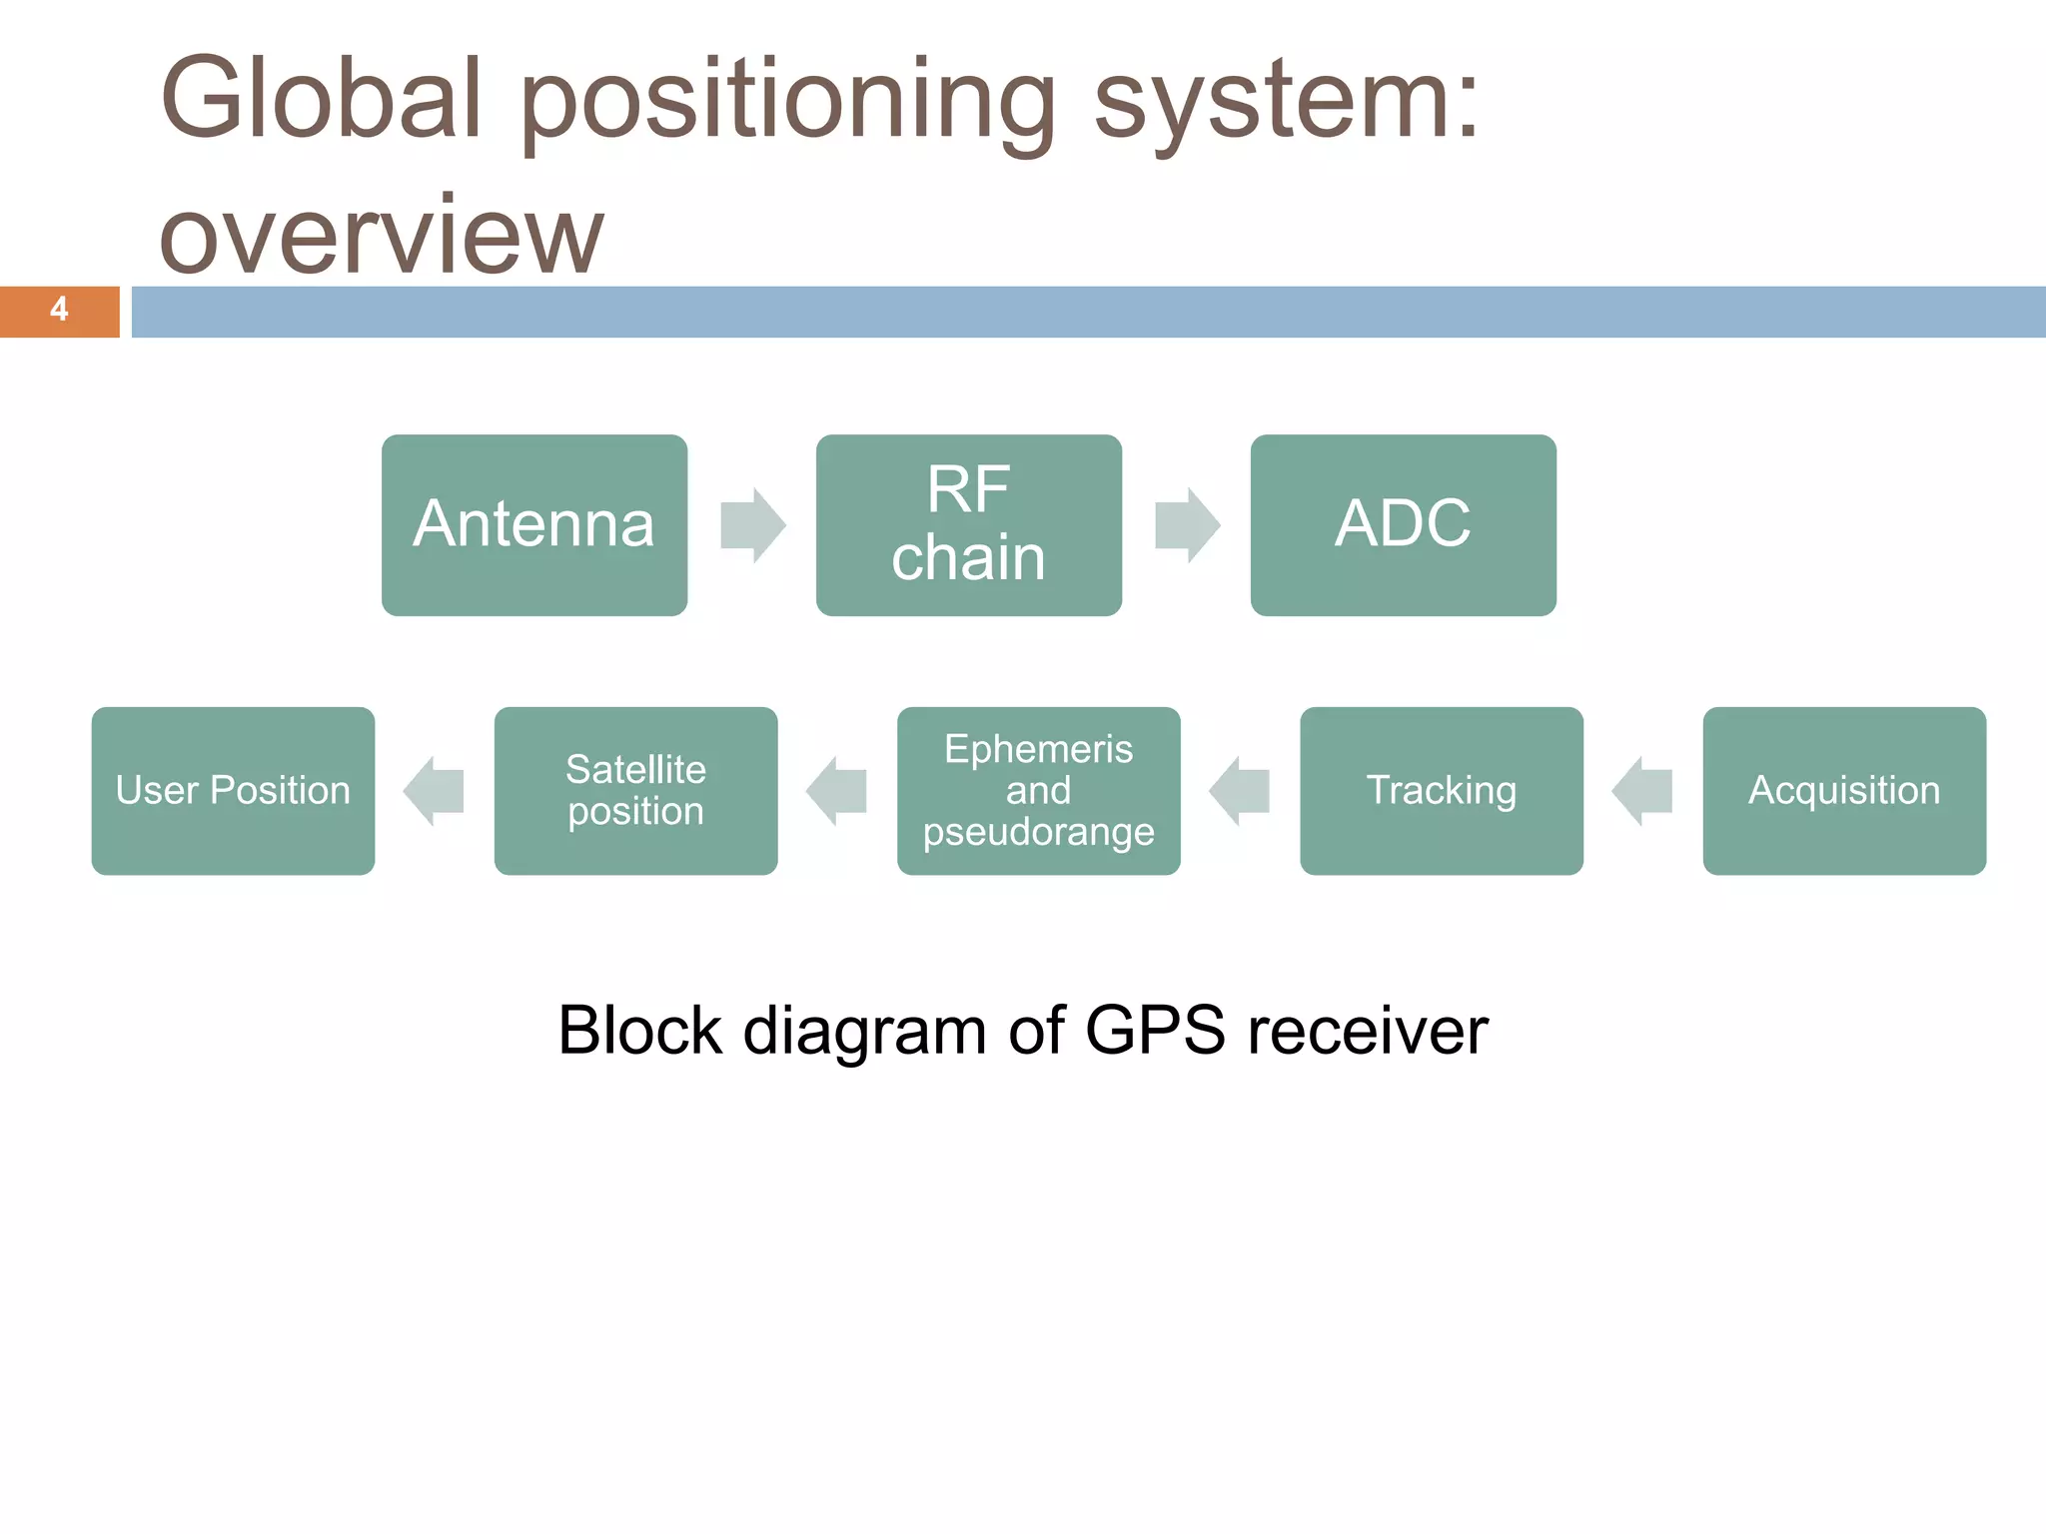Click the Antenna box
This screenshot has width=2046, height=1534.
click(533, 524)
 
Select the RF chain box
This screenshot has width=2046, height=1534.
click(968, 524)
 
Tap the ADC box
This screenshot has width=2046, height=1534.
click(1403, 524)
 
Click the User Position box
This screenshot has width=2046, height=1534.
click(233, 790)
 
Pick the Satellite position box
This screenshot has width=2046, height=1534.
click(635, 790)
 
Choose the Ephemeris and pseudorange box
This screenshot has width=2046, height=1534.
click(1038, 790)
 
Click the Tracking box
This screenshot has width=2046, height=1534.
click(1441, 790)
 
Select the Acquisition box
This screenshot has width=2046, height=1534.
click(1844, 790)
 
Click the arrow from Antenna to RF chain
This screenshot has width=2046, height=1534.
click(752, 525)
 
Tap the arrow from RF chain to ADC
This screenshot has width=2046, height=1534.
click(1187, 525)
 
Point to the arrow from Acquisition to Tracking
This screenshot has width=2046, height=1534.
click(1642, 791)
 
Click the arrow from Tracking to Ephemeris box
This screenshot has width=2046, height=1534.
click(1240, 791)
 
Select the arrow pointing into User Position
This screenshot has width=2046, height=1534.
click(434, 791)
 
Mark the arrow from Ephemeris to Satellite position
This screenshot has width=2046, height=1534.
click(837, 791)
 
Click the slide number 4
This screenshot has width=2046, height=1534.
click(59, 310)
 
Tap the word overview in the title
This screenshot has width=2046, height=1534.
click(382, 236)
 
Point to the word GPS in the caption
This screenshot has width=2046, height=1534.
click(1154, 1031)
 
